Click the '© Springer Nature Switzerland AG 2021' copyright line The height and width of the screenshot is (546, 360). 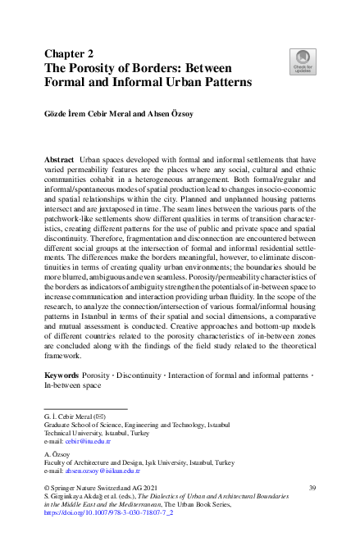[96, 488]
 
